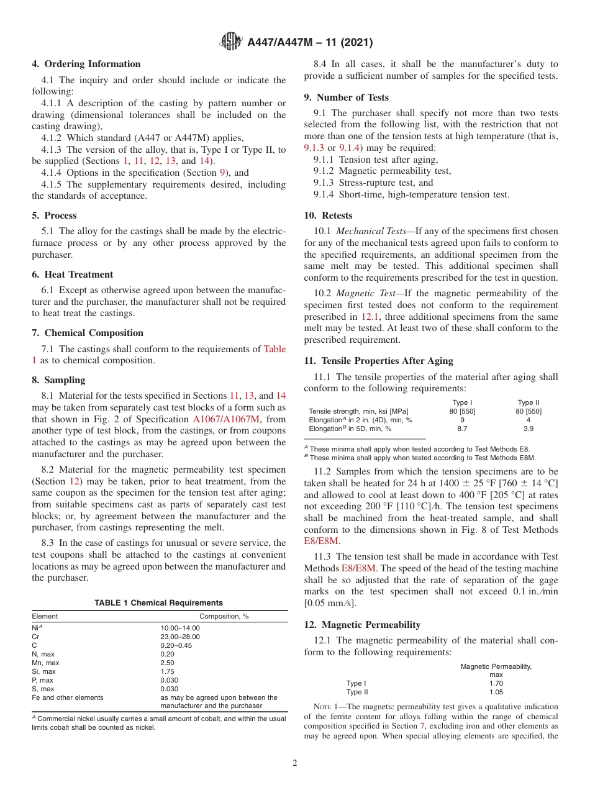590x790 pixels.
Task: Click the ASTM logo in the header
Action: pos(231,43)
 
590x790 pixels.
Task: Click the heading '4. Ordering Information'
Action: pos(86,64)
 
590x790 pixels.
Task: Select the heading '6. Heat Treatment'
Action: pos(73,275)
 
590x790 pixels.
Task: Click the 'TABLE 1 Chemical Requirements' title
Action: pos(158,602)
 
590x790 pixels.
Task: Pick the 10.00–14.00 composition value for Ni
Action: pos(180,628)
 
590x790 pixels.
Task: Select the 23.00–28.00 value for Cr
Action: pos(180,637)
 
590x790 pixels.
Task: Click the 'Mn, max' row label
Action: pos(46,663)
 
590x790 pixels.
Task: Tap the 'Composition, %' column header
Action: pos(224,616)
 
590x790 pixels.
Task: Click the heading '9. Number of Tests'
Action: pos(346,98)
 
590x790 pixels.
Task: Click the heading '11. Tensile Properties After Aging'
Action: pos(378,361)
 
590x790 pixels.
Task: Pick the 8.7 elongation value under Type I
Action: pos(462,429)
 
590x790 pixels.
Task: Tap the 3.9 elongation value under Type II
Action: pos(529,429)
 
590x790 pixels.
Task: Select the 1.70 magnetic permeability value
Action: pos(496,683)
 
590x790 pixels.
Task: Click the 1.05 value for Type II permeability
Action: pos(496,692)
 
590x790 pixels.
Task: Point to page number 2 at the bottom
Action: pos(295,763)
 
